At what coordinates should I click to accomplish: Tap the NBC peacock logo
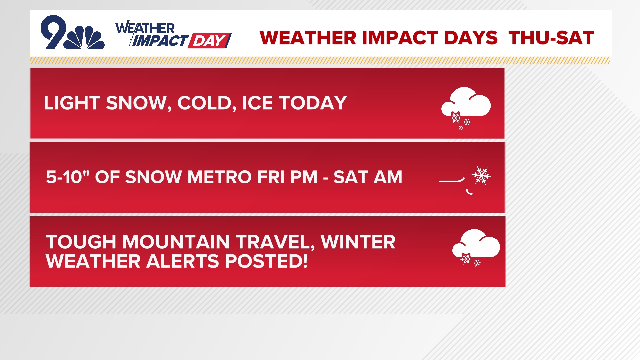click(x=85, y=38)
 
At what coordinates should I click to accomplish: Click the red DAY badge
click(x=209, y=41)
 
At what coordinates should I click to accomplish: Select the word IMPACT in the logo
click(x=160, y=41)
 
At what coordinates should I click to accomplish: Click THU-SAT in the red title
click(x=551, y=38)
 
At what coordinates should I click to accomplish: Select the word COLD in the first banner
click(x=204, y=103)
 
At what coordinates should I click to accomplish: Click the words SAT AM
click(x=368, y=177)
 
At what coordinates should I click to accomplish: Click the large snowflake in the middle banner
click(x=481, y=175)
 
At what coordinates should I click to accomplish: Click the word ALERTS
click(x=183, y=261)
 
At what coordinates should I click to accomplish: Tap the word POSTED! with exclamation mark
click(x=266, y=261)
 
